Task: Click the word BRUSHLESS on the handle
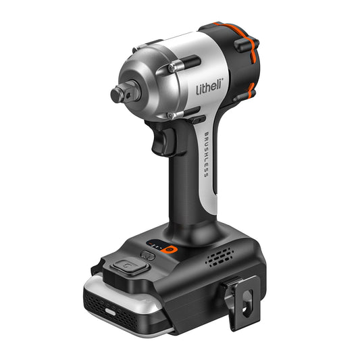click(205, 155)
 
